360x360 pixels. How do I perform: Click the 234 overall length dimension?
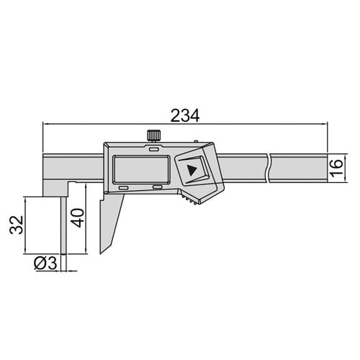click(185, 116)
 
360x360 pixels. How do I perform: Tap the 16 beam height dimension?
click(336, 168)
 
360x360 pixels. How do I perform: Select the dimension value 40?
click(78, 218)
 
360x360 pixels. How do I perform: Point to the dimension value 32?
click(17, 225)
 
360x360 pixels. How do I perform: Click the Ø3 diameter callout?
click(45, 263)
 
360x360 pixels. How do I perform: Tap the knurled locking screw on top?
click(154, 135)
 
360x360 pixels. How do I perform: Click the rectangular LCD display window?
click(142, 170)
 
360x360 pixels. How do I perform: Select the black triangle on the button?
click(192, 170)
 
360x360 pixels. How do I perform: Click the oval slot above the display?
click(153, 150)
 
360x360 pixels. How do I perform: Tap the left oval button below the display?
click(124, 188)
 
